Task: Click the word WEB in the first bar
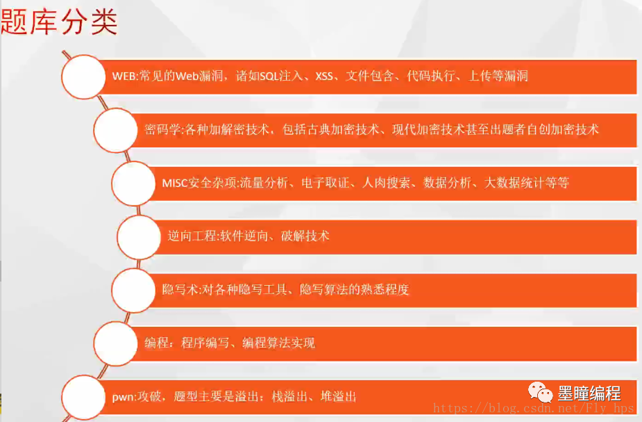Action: click(124, 76)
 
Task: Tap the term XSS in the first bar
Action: click(324, 76)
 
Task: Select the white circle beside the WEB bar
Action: click(84, 76)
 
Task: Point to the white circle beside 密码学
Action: click(115, 129)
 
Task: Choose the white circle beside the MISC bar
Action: click(133, 183)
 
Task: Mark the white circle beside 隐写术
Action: click(133, 289)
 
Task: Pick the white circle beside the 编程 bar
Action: click(115, 343)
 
